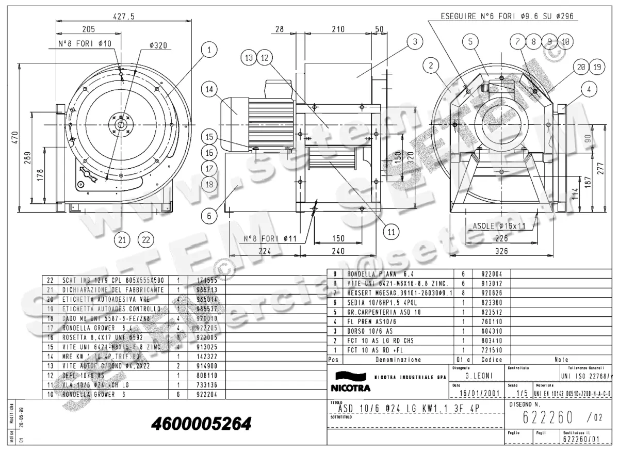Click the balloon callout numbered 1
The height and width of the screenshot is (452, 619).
(209, 50)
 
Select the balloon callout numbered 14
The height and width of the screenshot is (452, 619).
(209, 89)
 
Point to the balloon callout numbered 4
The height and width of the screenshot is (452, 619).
(588, 89)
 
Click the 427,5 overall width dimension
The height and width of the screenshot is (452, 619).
(124, 17)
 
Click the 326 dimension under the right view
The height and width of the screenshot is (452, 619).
(501, 251)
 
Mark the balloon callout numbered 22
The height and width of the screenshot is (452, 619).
(146, 239)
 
